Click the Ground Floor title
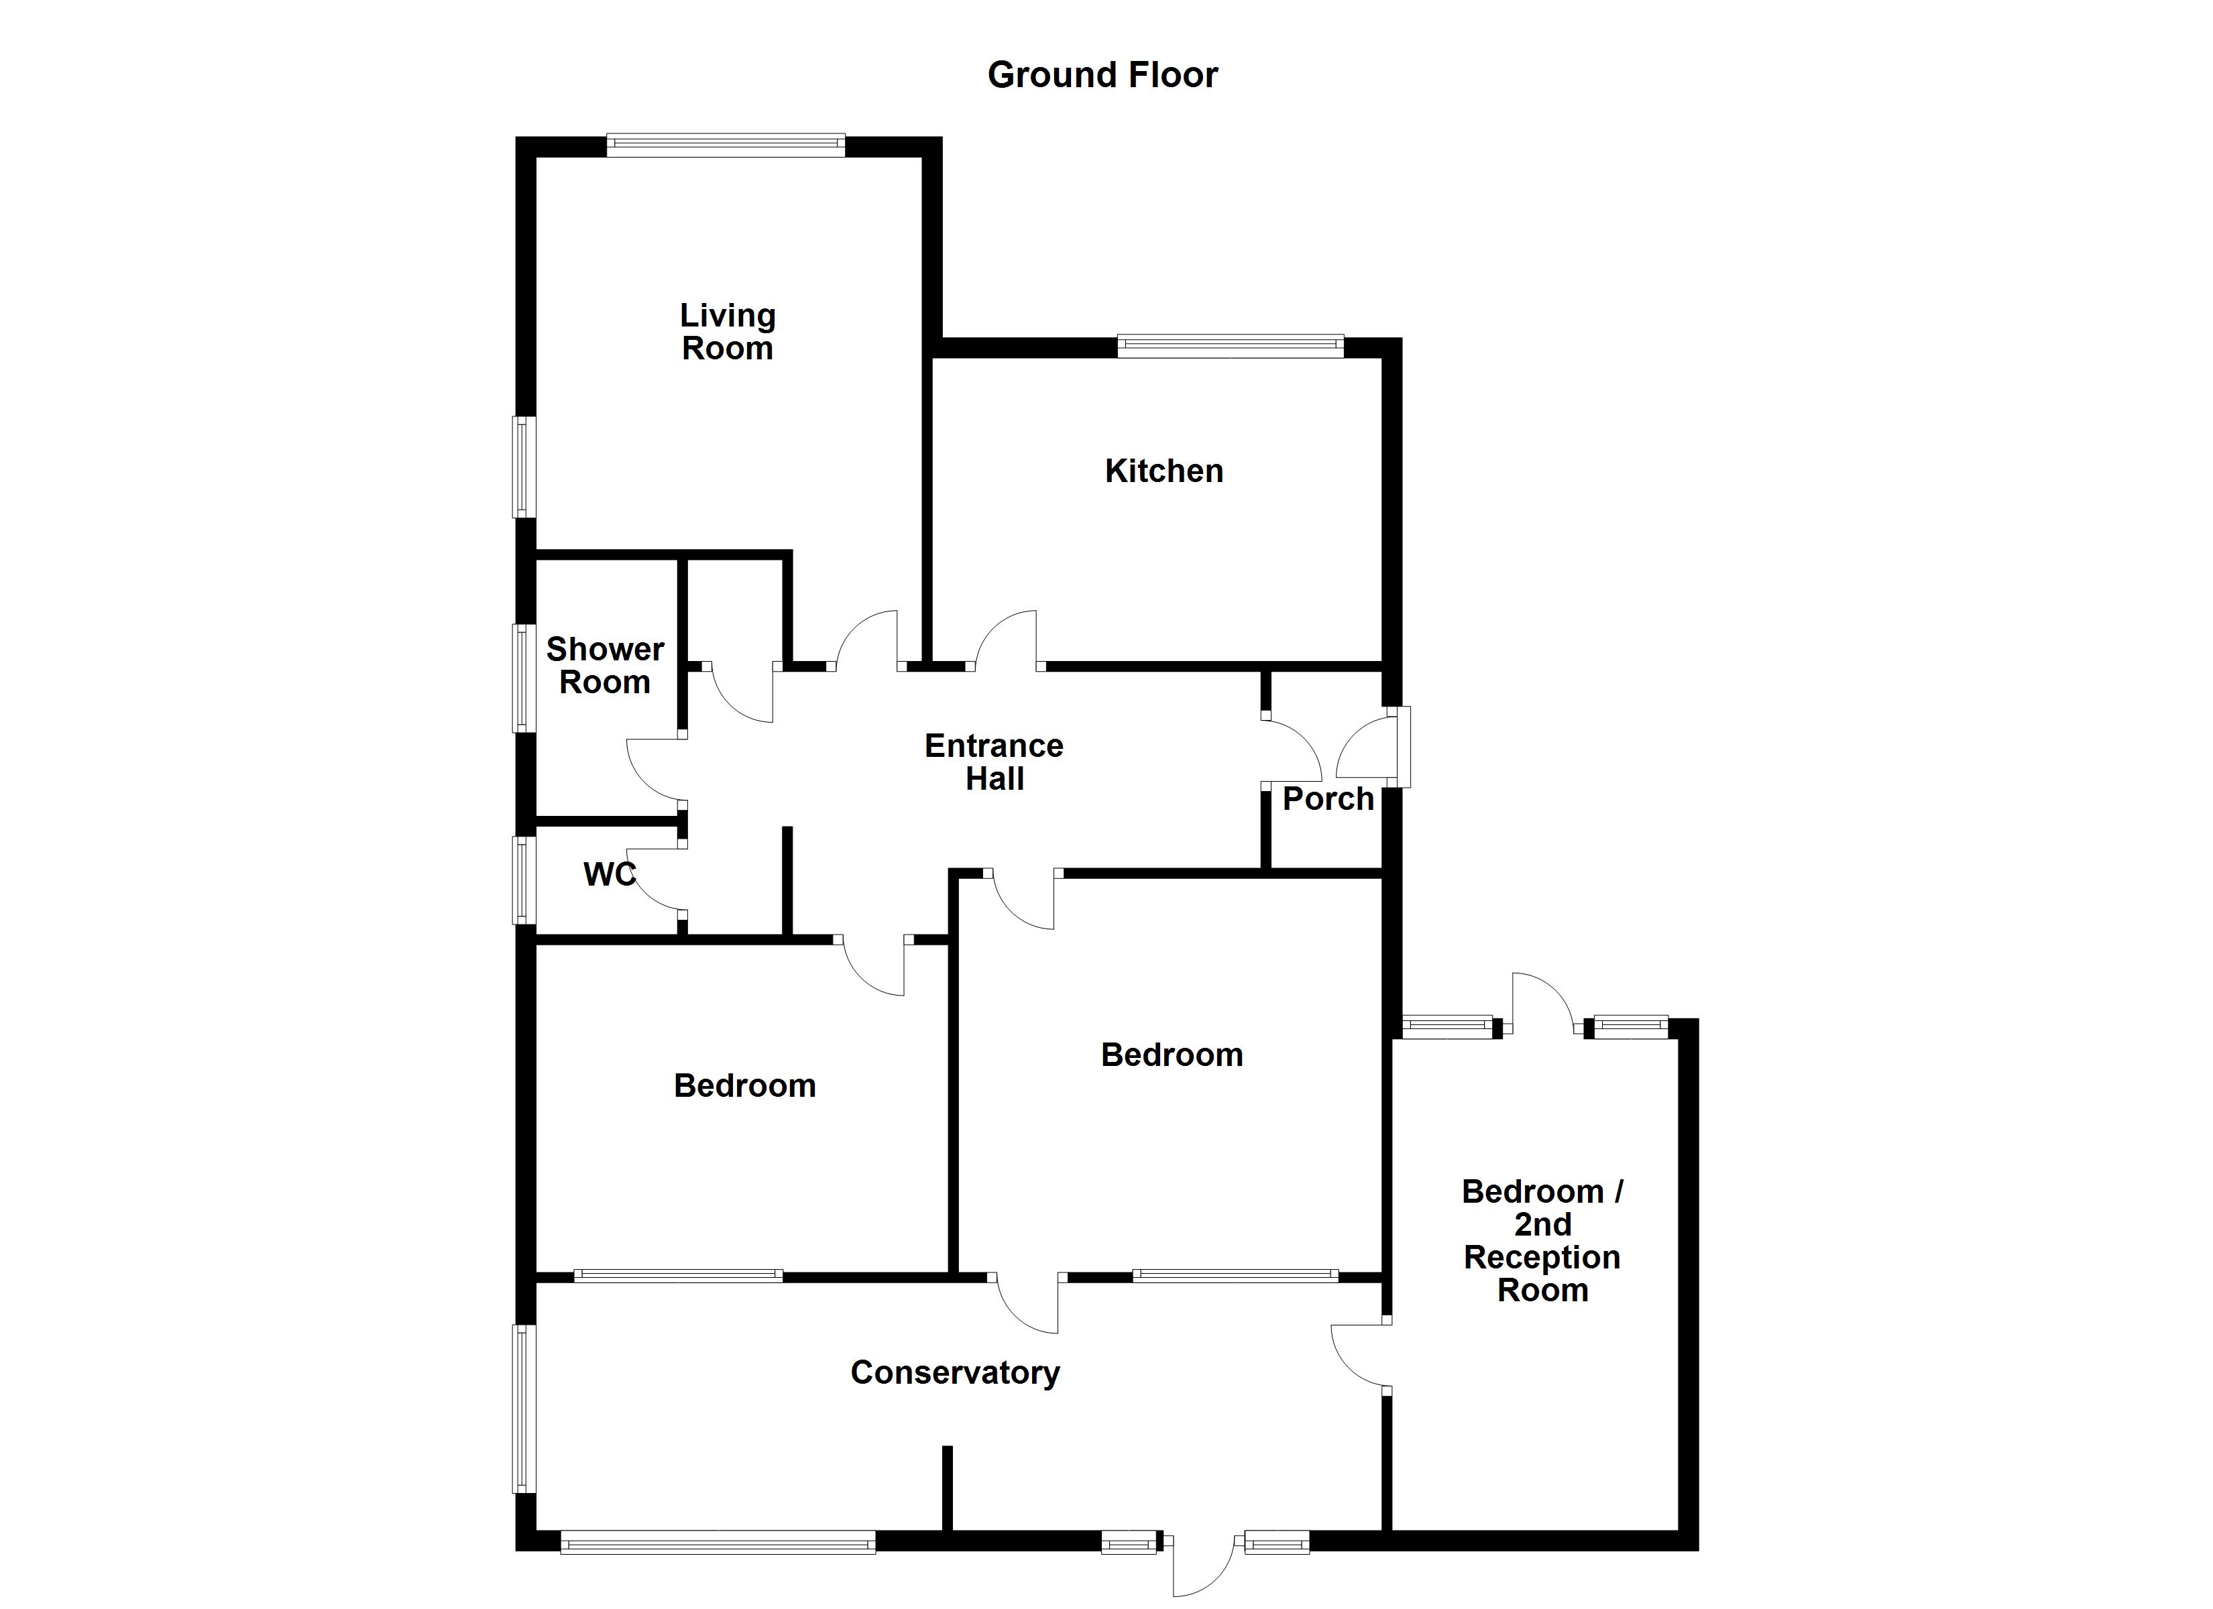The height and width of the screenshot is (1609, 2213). click(1102, 75)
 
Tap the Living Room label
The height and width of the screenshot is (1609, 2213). click(728, 332)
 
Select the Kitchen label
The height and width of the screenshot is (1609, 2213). click(1164, 471)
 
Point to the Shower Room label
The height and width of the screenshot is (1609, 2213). click(605, 666)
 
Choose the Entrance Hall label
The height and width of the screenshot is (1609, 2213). click(995, 762)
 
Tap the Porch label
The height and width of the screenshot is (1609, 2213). click(1327, 799)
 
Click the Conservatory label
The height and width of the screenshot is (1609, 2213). click(955, 1373)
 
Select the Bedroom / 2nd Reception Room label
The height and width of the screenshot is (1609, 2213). click(1542, 1240)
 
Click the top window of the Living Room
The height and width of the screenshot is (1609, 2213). click(726, 145)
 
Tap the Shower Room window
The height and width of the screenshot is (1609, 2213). click(525, 678)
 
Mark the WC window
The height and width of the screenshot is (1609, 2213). click(525, 879)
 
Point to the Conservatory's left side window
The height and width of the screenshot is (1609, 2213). click(525, 1408)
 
